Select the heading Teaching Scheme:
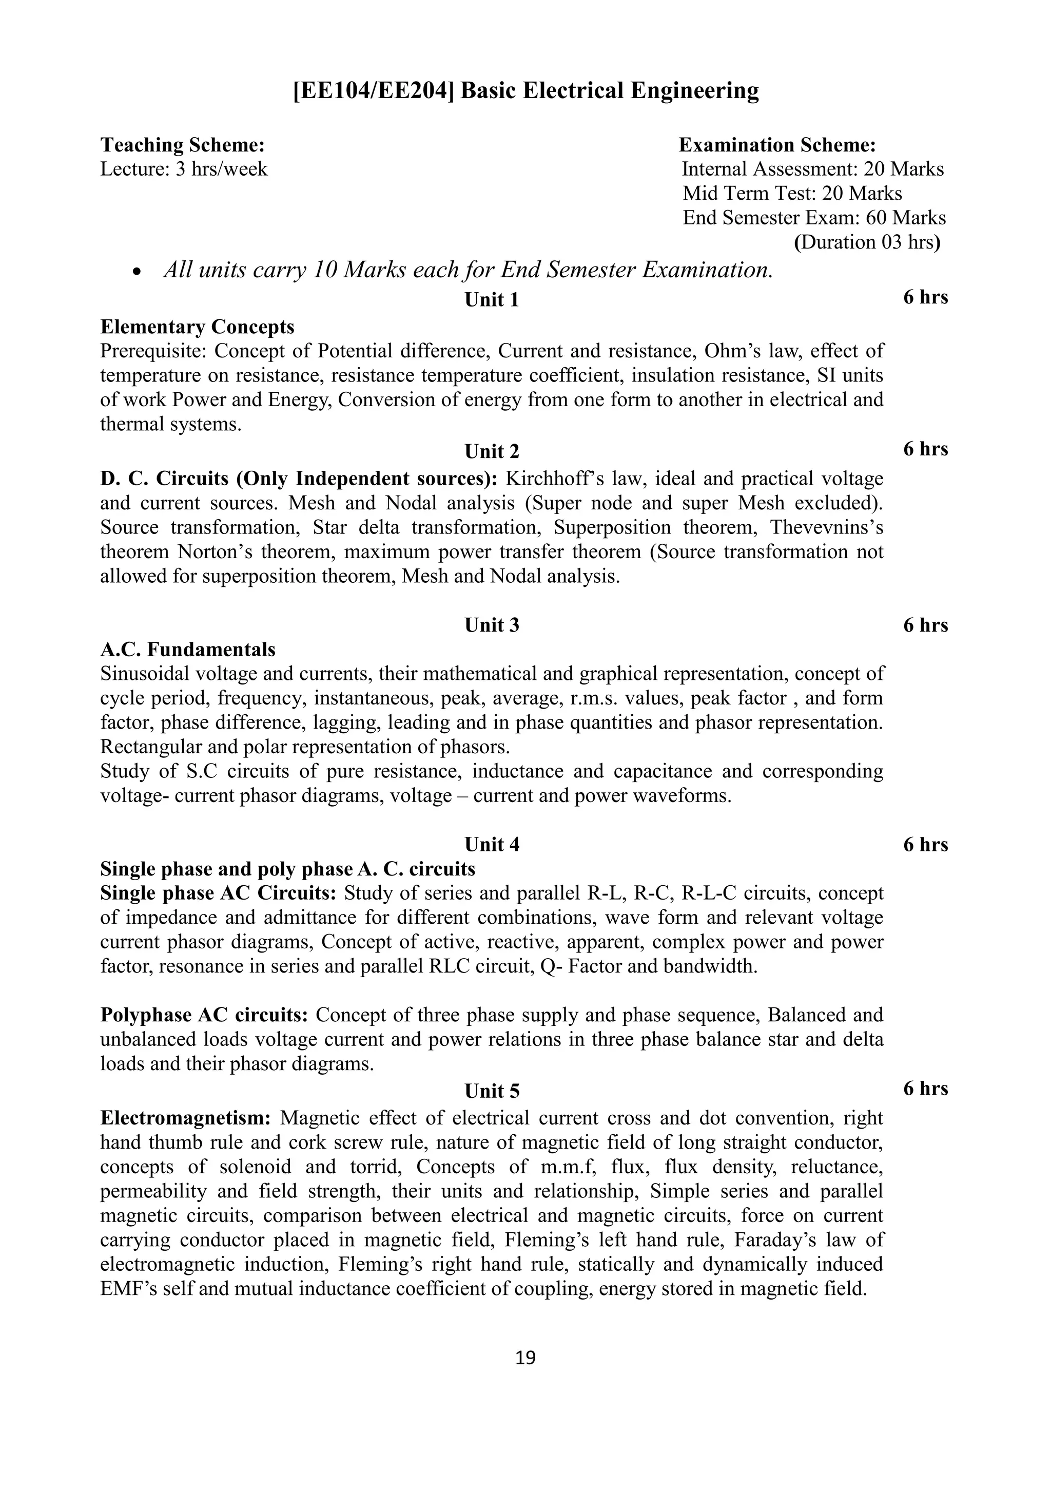click(183, 144)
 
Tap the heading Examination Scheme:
click(777, 144)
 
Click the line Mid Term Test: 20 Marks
click(792, 193)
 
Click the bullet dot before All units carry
click(136, 273)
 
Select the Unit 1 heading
click(492, 300)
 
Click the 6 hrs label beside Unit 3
click(925, 625)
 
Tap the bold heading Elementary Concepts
click(198, 327)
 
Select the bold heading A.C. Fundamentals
click(188, 649)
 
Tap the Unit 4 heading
click(492, 845)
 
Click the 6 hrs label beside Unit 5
click(925, 1089)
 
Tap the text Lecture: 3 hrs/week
click(184, 169)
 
